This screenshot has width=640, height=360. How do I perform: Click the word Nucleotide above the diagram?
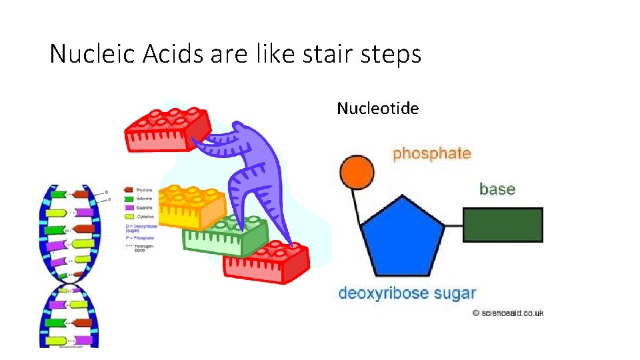click(x=377, y=108)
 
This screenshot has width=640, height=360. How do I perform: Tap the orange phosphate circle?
click(x=354, y=172)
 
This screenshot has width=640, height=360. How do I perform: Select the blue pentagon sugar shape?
click(x=402, y=236)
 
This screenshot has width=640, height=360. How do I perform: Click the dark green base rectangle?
click(x=503, y=225)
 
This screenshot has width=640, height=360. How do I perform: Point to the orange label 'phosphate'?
click(x=432, y=153)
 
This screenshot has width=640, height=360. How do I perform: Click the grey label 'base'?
click(x=497, y=189)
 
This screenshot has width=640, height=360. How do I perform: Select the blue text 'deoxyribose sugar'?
click(x=407, y=293)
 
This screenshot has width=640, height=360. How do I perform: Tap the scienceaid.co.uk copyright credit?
click(x=508, y=313)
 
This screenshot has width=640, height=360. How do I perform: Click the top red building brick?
click(x=167, y=130)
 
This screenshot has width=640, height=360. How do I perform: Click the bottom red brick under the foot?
click(x=267, y=263)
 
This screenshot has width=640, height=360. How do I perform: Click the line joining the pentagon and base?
click(x=453, y=225)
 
